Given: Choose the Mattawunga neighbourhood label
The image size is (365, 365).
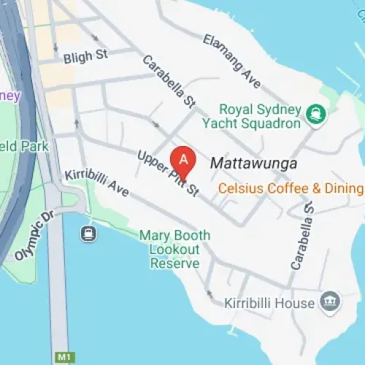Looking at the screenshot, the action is (x=253, y=164).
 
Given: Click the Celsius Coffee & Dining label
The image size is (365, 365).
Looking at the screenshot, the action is (x=291, y=189).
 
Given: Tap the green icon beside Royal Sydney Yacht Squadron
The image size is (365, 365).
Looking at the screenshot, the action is (x=316, y=112).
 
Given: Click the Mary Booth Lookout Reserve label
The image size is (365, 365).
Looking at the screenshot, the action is (x=174, y=249).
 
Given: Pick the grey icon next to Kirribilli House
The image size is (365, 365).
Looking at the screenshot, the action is (x=330, y=301).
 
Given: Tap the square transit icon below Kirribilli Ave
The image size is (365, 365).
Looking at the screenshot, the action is (x=89, y=234).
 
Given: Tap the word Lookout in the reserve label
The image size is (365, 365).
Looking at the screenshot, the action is (x=174, y=249).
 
